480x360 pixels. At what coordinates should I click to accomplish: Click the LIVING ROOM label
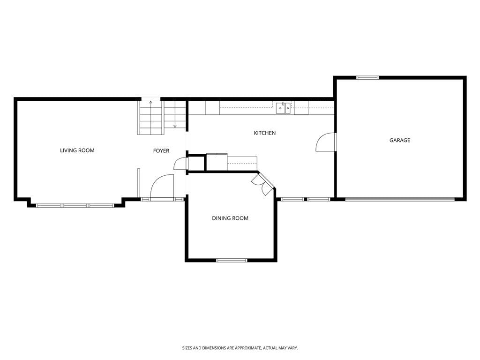77,150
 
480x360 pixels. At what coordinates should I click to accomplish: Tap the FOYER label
161,150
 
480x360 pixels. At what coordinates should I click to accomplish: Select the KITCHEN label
265,133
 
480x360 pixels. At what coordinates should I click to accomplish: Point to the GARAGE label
400,140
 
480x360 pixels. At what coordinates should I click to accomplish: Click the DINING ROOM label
230,218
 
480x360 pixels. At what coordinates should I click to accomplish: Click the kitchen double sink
283,108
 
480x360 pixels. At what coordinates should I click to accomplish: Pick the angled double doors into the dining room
262,184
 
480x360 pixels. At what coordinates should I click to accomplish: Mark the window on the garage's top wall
367,78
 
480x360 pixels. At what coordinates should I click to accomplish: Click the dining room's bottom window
232,261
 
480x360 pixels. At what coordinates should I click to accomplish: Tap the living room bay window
75,206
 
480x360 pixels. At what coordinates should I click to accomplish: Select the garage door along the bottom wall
400,200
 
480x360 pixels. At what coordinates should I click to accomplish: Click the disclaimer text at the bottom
240,348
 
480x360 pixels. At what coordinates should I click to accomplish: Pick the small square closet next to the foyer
195,164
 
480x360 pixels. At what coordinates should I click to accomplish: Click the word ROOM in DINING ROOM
240,218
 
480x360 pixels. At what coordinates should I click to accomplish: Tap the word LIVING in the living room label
68,150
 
